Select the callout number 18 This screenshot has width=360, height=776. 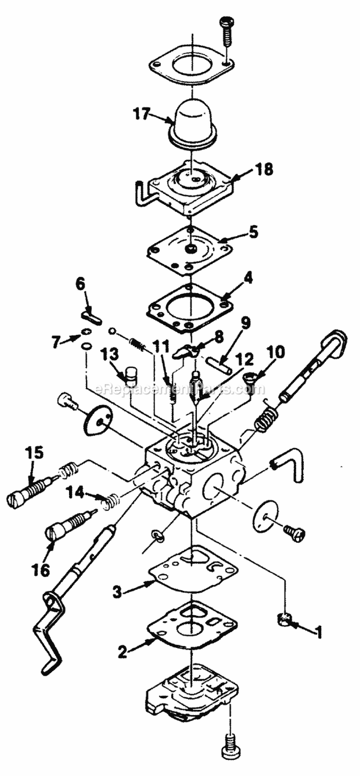(x=264, y=170)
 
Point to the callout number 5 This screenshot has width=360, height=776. (x=253, y=232)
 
